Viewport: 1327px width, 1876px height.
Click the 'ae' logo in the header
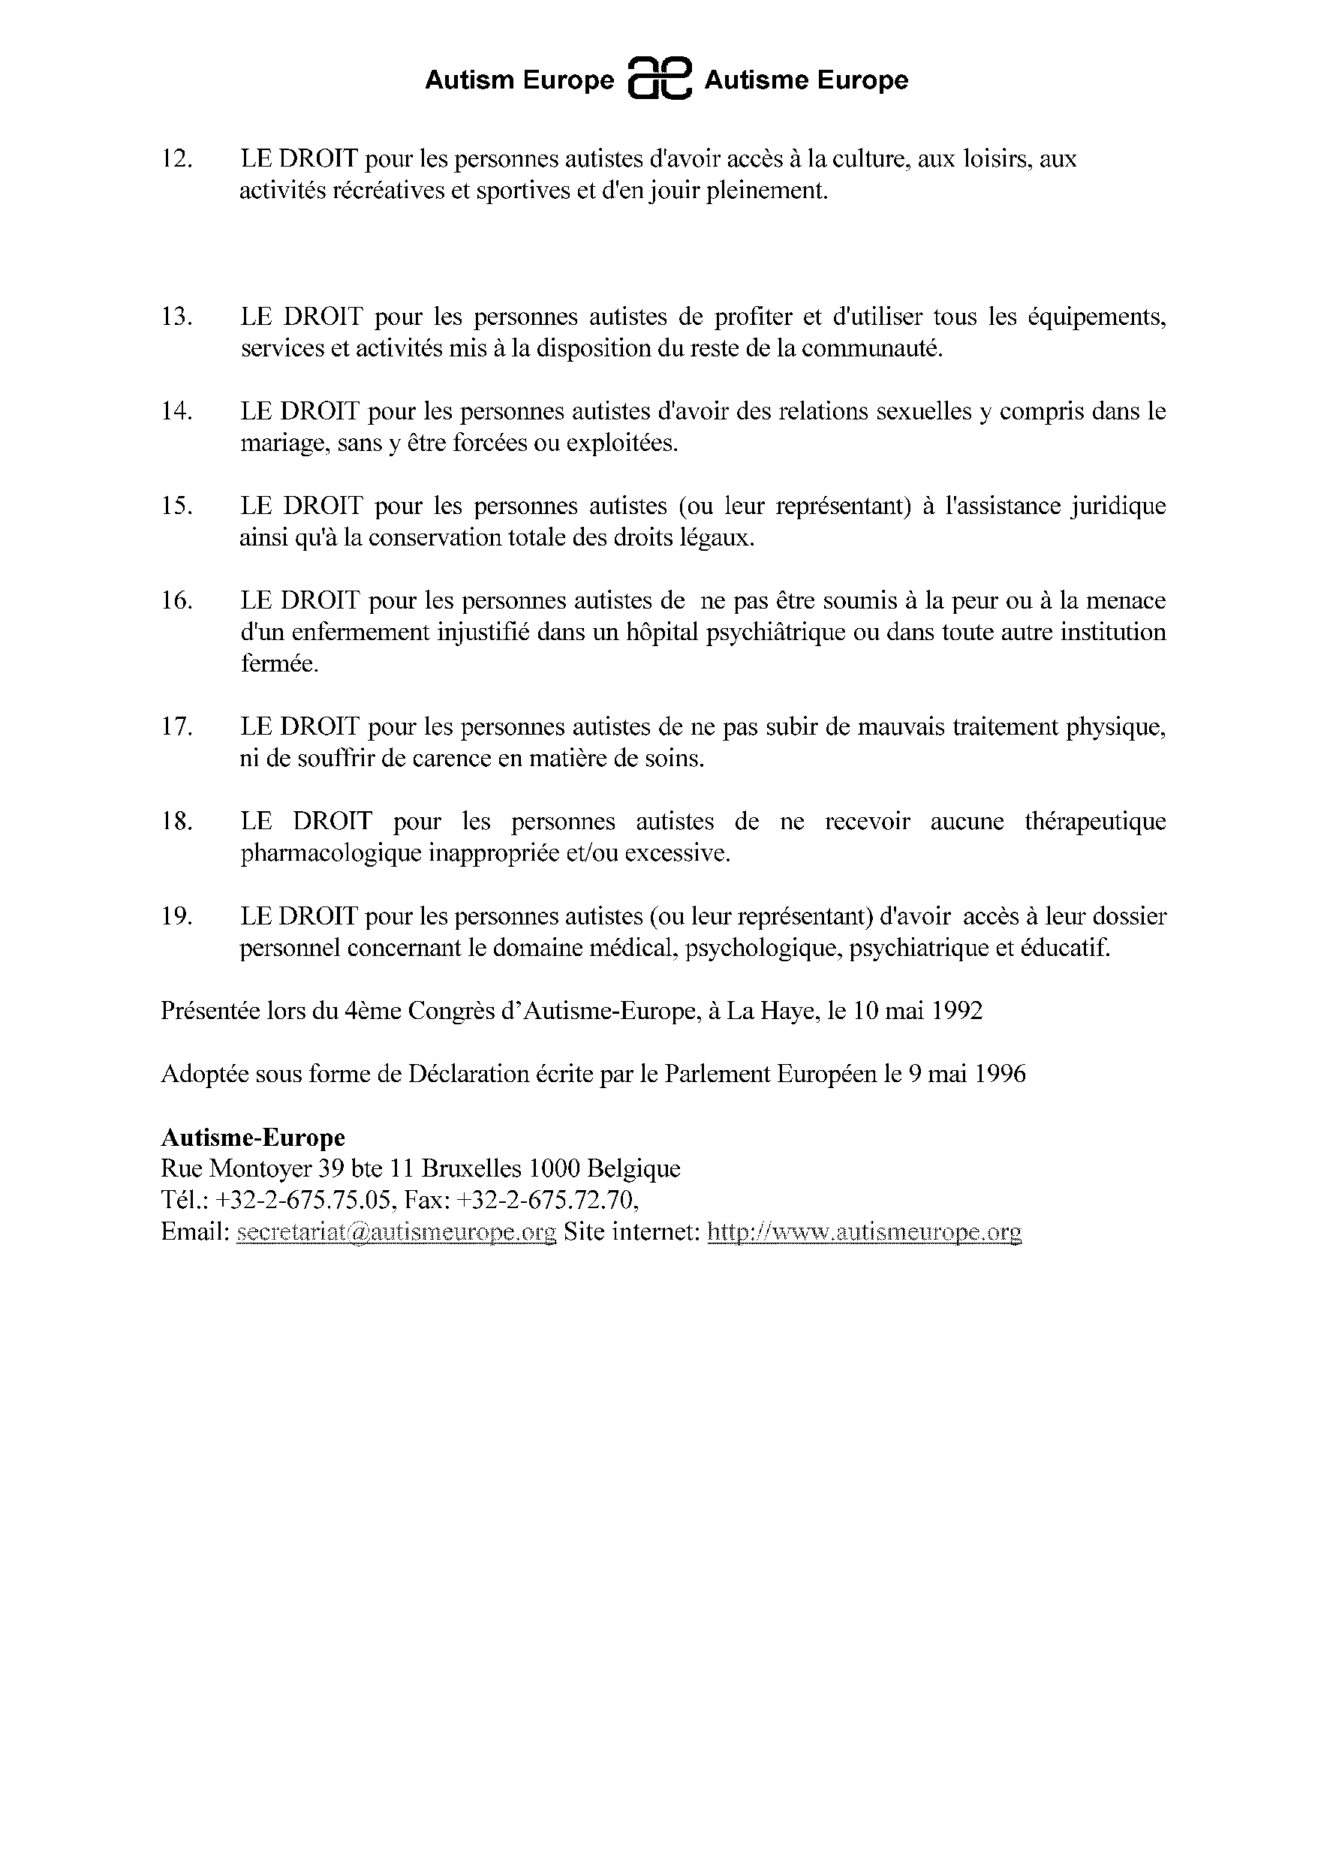pos(660,80)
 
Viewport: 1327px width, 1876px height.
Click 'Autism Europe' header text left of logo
pos(519,80)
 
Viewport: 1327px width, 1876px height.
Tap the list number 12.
pos(176,158)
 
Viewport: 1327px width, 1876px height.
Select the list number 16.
pos(176,600)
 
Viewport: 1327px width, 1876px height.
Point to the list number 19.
pos(176,916)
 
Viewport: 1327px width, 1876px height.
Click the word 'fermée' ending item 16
pos(278,663)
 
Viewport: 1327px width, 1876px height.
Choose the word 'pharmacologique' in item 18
pos(330,853)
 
